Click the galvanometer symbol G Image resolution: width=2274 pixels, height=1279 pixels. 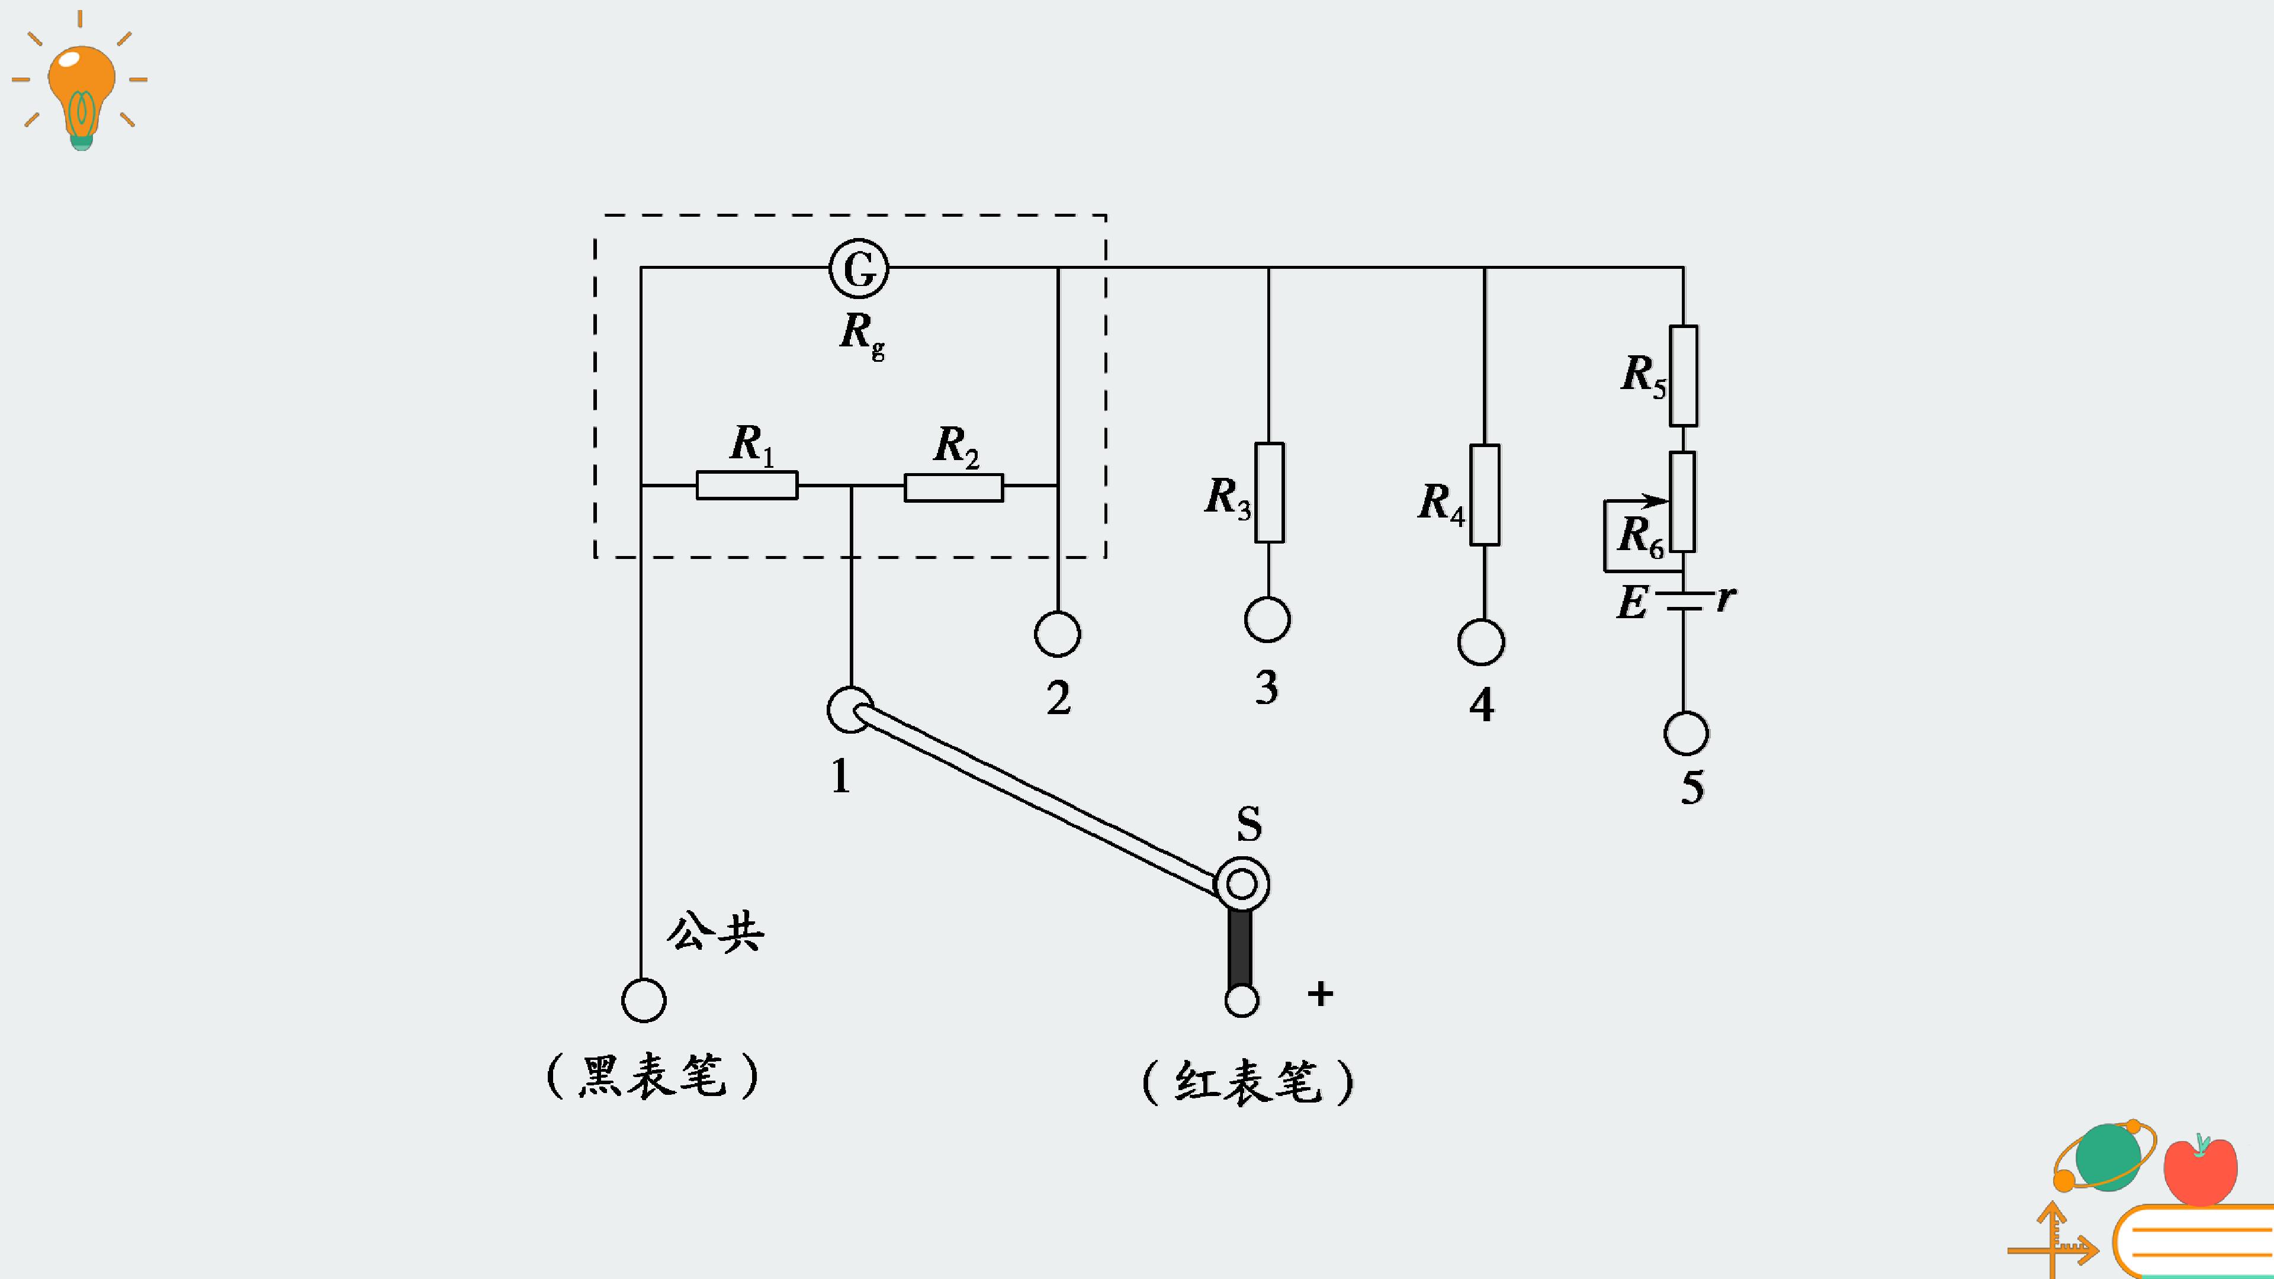click(x=859, y=268)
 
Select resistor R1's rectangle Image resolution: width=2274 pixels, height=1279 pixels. click(x=747, y=486)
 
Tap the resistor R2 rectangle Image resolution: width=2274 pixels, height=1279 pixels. click(x=953, y=487)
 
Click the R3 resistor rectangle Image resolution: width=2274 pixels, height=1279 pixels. click(x=1270, y=493)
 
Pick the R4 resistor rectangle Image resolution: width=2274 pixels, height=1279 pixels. click(x=1485, y=495)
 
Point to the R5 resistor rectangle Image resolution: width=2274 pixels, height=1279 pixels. click(x=1684, y=376)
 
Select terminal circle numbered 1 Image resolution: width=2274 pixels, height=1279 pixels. click(x=850, y=710)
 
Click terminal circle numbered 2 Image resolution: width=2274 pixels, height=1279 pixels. click(x=1058, y=634)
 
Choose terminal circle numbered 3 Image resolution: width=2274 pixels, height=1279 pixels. click(x=1268, y=619)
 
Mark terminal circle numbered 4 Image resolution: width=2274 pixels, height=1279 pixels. click(x=1481, y=642)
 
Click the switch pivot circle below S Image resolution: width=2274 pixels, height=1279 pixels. click(x=1242, y=883)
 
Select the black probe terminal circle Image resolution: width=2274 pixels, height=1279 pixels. click(x=644, y=1001)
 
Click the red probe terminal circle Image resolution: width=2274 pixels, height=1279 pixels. click(x=1242, y=1001)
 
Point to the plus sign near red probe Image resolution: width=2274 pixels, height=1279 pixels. click(x=1321, y=994)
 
